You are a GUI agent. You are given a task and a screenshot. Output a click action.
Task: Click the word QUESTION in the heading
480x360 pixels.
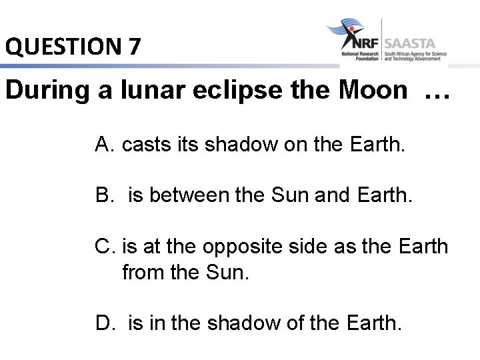61,47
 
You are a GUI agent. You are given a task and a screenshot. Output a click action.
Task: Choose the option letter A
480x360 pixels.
103,143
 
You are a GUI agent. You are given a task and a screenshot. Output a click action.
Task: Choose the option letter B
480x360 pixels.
103,195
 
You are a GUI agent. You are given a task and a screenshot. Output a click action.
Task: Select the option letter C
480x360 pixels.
105,247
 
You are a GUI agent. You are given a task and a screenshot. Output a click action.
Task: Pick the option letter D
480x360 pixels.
104,324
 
